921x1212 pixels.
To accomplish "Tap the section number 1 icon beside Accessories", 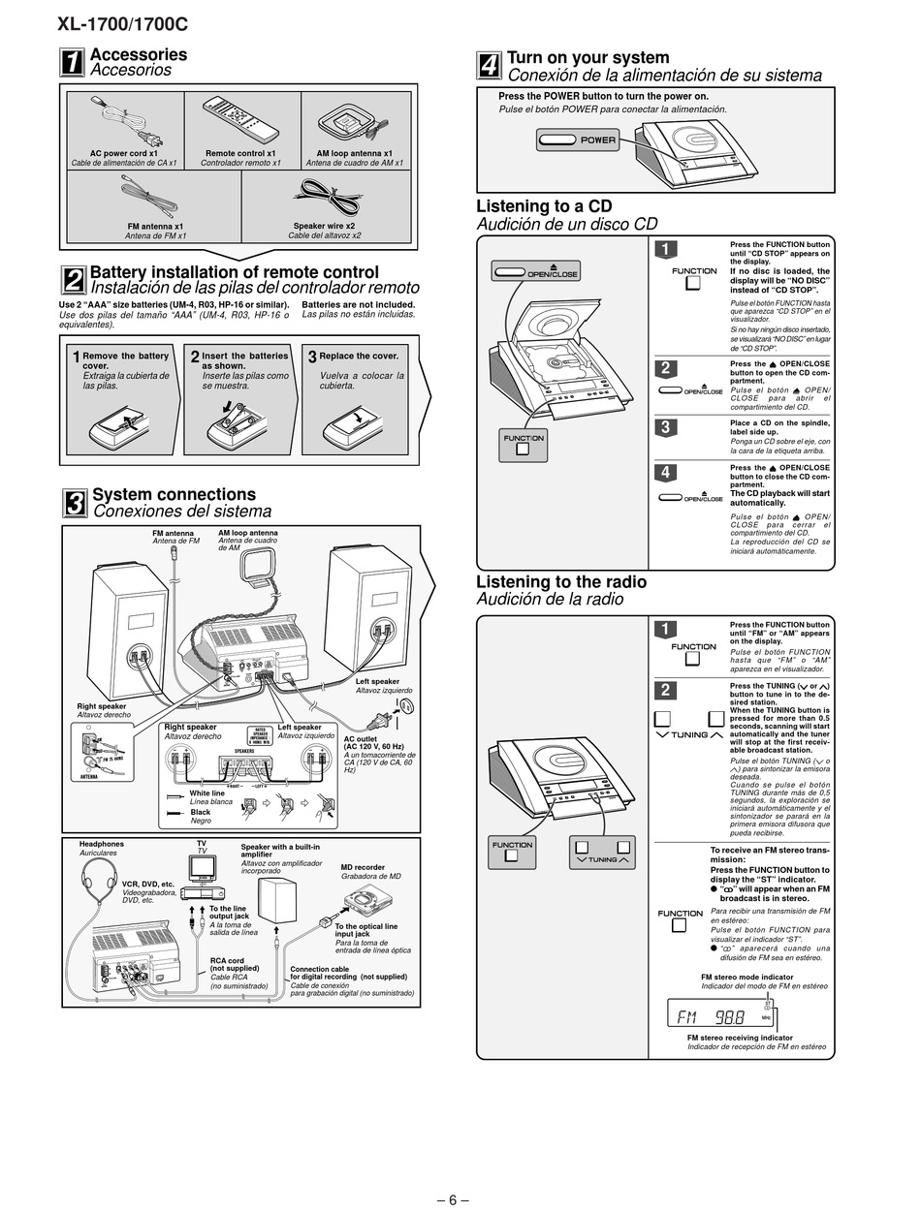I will (x=73, y=62).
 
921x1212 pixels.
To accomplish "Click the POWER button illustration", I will (x=578, y=140).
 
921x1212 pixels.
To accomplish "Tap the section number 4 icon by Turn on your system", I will (x=490, y=66).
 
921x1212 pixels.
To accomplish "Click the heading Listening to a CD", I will (x=544, y=206).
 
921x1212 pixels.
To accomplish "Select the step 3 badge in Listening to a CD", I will (x=665, y=427).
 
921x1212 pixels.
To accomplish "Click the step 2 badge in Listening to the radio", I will (x=665, y=690).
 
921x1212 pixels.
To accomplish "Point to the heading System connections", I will (x=174, y=495).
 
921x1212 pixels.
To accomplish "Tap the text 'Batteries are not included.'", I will (x=359, y=304).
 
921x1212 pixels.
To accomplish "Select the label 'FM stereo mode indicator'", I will (x=746, y=977).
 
